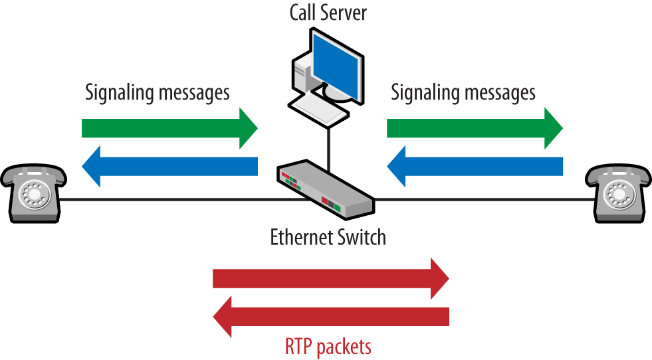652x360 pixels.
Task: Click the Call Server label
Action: click(328, 13)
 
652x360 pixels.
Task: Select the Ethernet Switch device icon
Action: click(326, 189)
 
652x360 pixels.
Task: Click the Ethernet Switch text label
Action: click(328, 237)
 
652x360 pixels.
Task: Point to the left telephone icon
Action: click(33, 193)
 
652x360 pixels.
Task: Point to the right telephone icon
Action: click(618, 193)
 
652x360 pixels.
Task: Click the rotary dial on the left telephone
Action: click(35, 194)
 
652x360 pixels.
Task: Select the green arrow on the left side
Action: click(169, 128)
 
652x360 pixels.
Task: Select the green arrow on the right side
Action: click(475, 128)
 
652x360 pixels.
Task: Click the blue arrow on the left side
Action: click(169, 166)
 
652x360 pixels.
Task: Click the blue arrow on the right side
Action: click(475, 166)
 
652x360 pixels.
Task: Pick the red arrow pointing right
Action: click(331, 278)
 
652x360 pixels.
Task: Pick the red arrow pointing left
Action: click(331, 317)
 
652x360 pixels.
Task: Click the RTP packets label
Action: click(328, 347)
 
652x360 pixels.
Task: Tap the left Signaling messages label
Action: click(157, 93)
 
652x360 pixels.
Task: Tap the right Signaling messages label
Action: click(463, 93)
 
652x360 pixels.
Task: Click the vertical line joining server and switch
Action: click(328, 149)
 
